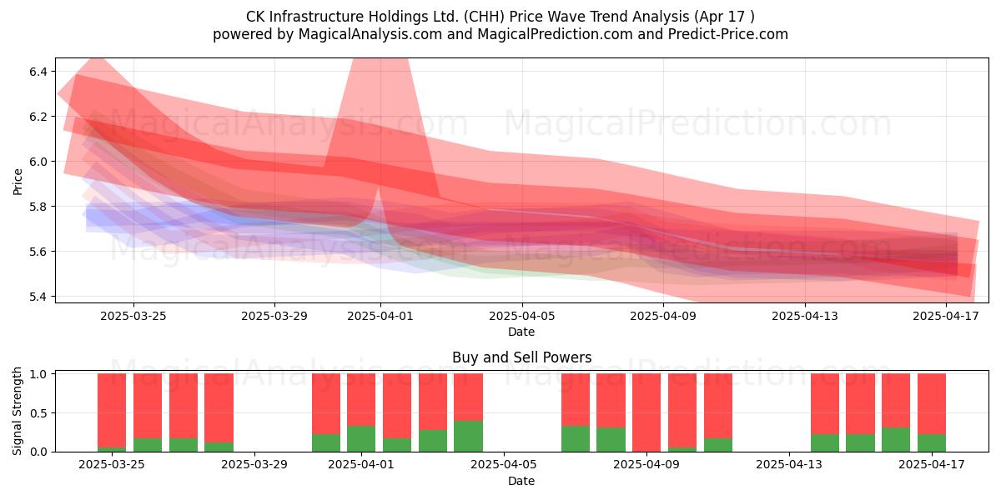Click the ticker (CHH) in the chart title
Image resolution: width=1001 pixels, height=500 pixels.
click(485, 17)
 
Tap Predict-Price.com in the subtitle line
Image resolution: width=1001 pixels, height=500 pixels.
click(728, 34)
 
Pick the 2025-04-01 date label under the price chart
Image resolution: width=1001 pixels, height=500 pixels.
click(380, 316)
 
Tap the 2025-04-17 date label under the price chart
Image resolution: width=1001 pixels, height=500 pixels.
click(946, 316)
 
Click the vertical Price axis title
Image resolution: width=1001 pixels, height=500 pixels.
click(18, 182)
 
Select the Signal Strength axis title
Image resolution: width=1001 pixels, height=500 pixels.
click(17, 411)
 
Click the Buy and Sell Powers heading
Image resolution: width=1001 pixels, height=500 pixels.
click(521, 357)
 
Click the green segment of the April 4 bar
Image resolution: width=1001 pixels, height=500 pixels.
click(468, 436)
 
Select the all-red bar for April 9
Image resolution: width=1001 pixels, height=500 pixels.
click(646, 412)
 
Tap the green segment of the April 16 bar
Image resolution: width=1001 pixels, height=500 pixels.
click(896, 439)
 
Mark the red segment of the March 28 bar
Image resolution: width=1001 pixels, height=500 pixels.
click(219, 407)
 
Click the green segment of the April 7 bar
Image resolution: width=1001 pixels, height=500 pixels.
click(576, 438)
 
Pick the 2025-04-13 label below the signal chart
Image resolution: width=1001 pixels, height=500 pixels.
click(789, 465)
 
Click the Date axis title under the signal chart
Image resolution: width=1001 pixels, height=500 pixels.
click(521, 481)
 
